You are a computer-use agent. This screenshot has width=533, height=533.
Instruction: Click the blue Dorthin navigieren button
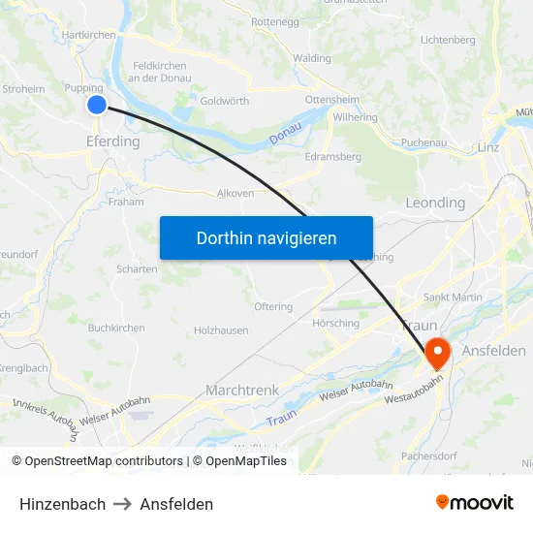tap(266, 237)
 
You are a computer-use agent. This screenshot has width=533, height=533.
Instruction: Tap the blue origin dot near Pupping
tap(96, 105)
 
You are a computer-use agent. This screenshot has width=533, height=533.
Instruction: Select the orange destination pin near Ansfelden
tap(437, 353)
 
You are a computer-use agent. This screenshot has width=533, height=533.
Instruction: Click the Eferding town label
tap(112, 141)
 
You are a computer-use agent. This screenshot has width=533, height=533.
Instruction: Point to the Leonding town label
tap(435, 204)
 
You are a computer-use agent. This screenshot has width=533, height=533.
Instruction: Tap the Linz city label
tap(488, 147)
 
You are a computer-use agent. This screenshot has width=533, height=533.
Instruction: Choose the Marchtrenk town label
tap(242, 390)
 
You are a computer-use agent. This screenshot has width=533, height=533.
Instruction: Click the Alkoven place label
tap(235, 193)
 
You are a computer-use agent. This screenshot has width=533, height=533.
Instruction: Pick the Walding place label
tap(312, 58)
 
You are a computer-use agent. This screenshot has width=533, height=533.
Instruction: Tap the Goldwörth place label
tap(225, 101)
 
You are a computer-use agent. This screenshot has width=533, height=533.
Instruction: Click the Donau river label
tap(286, 139)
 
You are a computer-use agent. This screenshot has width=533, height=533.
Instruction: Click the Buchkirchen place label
tap(116, 328)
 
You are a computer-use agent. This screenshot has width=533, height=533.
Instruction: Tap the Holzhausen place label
tap(221, 330)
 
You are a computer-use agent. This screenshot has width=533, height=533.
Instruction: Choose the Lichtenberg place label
tap(448, 40)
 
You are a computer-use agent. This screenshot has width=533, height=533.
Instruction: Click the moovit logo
tap(475, 502)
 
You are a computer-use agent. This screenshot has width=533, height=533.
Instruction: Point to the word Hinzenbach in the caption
tap(62, 504)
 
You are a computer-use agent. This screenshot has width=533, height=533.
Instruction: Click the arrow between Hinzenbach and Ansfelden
tap(122, 504)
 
